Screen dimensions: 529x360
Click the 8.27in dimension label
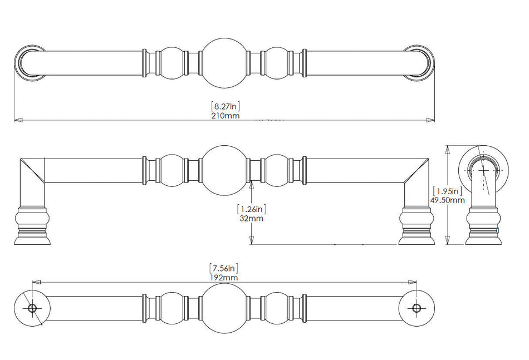pos(226,106)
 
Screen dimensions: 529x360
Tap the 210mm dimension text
pos(226,116)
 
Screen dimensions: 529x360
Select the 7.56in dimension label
pos(224,268)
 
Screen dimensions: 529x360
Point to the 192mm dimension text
pos(224,278)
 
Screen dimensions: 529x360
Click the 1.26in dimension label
pos(251,209)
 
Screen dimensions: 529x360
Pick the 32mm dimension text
pos(251,219)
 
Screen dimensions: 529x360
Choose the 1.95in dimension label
pos(447,191)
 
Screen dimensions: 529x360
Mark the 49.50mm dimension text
pos(447,200)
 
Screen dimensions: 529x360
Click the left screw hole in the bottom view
pos(32,308)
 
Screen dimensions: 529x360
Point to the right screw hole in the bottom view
pos(417,308)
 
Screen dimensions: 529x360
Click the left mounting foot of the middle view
pos(32,225)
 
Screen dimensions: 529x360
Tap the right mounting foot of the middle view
pos(417,225)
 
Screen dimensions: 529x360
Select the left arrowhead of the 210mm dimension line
pos(18,120)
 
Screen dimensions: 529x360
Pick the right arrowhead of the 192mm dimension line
pos(412,282)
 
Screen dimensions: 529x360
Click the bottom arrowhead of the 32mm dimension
pos(251,240)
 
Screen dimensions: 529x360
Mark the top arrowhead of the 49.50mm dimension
pos(448,150)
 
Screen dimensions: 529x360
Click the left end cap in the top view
pos(31,63)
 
